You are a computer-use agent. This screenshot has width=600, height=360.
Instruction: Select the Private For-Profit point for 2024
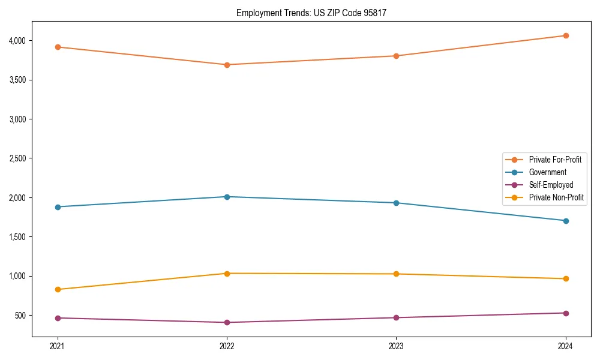point(566,35)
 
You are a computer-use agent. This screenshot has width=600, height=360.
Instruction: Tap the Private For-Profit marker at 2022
point(227,65)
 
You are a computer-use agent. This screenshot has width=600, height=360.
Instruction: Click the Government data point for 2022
point(227,197)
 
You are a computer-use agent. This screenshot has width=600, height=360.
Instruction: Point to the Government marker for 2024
point(566,221)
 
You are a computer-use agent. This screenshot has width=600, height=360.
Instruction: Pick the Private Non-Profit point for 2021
point(58,289)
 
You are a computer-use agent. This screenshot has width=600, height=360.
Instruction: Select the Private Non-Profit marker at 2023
point(396,274)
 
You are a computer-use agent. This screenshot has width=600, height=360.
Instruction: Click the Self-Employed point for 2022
point(227,322)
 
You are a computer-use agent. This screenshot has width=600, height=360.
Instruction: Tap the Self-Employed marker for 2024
point(566,313)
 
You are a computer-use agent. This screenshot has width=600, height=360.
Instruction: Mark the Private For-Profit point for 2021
point(58,47)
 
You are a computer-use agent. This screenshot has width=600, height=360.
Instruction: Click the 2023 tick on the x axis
point(396,346)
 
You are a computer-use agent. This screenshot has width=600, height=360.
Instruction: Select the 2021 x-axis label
point(58,346)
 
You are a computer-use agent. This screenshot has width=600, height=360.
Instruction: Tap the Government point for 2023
point(396,203)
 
